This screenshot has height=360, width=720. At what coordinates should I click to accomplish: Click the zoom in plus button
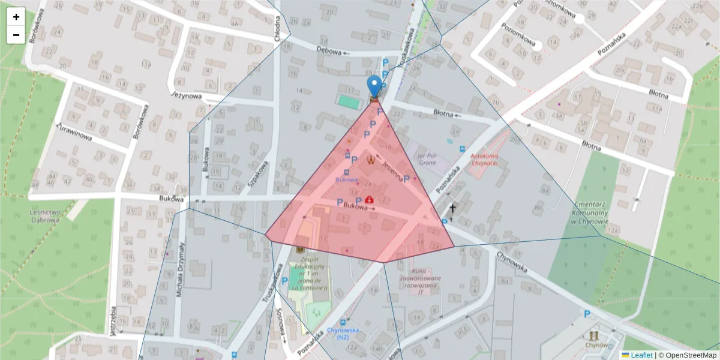tap(16, 17)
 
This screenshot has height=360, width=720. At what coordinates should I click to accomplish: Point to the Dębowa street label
tap(329, 52)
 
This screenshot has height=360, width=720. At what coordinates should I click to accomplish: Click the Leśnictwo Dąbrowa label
tap(44, 216)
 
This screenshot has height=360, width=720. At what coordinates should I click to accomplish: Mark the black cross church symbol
tap(452, 209)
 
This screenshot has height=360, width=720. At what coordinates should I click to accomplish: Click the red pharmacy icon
tap(368, 199)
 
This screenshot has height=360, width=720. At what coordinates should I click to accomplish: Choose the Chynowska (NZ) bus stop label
tap(343, 334)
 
